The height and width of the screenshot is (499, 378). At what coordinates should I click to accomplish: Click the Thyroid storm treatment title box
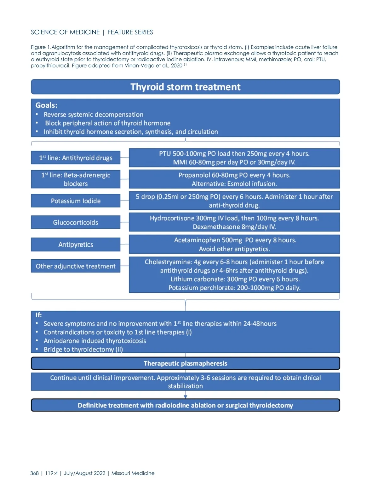click(185, 87)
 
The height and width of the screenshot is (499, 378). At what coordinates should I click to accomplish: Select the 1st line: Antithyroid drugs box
click(76, 158)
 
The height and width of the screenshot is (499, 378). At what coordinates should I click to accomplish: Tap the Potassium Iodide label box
click(76, 201)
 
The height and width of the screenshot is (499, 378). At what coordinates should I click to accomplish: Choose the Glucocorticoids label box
click(76, 222)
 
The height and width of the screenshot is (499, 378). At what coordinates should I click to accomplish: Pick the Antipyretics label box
click(76, 244)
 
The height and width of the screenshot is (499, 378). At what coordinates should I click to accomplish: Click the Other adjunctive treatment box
click(76, 266)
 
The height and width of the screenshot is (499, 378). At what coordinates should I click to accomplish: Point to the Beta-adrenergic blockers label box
click(76, 179)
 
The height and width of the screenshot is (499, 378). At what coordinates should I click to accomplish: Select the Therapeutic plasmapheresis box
click(185, 363)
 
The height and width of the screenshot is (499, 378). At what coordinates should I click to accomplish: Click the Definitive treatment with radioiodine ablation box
click(185, 405)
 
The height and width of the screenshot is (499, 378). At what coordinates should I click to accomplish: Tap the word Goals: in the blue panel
click(46, 105)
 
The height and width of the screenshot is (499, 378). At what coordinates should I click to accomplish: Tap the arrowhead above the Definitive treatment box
click(186, 396)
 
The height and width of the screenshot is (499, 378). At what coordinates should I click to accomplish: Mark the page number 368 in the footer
click(34, 473)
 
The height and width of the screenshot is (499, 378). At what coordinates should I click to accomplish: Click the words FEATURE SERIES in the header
click(130, 32)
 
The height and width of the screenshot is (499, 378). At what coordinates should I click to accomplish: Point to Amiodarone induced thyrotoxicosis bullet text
click(95, 341)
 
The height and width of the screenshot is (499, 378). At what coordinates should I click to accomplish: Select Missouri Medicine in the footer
click(133, 473)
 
